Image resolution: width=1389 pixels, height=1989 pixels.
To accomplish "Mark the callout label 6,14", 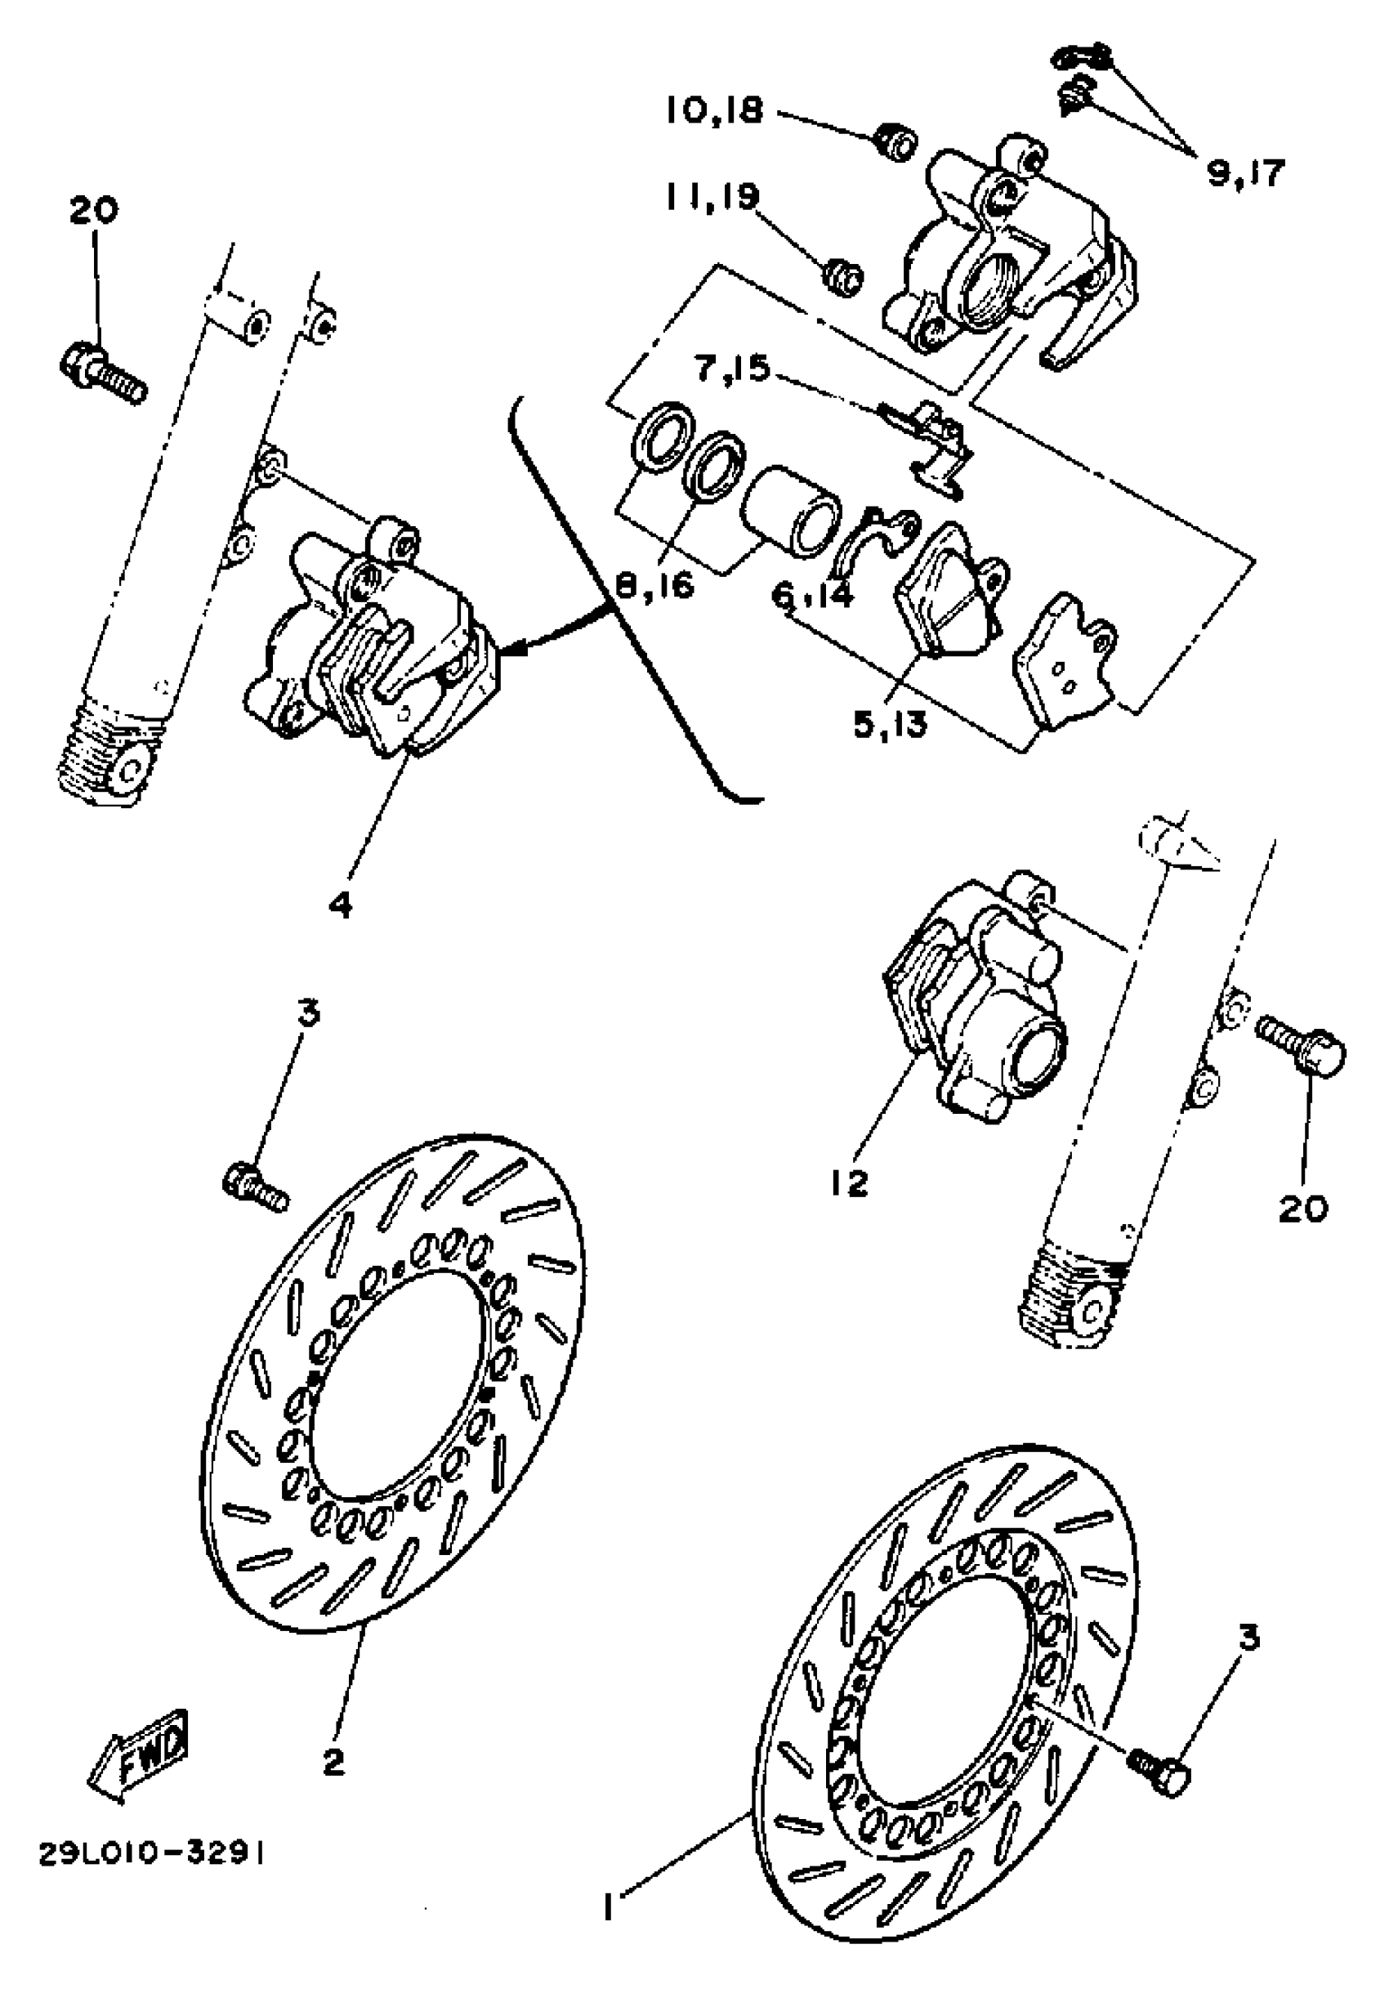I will click(812, 595).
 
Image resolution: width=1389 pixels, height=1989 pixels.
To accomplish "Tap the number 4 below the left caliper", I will click(342, 905).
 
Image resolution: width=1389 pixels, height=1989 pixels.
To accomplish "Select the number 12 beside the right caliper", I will click(850, 1183).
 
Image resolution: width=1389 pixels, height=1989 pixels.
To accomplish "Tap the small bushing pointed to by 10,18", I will click(892, 141).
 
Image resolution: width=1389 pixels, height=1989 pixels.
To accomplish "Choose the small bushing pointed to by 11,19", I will click(842, 277).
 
